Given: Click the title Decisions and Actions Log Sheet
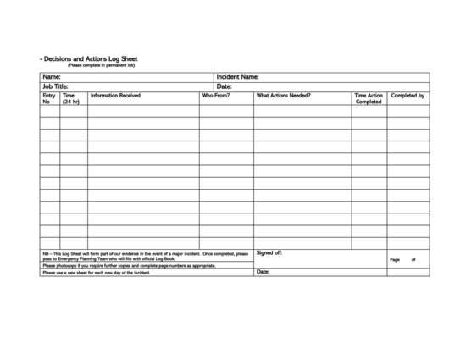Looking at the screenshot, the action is coord(89,59).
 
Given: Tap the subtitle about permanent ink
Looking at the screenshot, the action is coord(101,65).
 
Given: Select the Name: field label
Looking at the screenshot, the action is coord(52,77).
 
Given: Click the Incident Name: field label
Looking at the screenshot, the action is coord(237,77).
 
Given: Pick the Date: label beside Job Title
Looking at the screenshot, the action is coord(225,86).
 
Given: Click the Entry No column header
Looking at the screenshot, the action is coord(48,99).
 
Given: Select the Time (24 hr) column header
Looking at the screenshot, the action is coord(71,99).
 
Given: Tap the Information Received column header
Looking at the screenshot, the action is coord(115,96).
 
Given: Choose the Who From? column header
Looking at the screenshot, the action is coord(215,96).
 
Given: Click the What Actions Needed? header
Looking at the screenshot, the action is coord(284,96).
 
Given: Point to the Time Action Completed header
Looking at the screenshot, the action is coord(369,99).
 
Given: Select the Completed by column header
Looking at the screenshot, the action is coord(408,96).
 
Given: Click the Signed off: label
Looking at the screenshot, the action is coord(269,252).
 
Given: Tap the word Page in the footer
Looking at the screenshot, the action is coord(395,259).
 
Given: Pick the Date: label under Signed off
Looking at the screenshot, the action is coord(263,272).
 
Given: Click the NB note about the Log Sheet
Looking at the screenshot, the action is coord(145,255).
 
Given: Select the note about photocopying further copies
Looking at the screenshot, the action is coord(129,265).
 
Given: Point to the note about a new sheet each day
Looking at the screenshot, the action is coord(96,273).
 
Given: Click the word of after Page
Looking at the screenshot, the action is coord(413,259).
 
